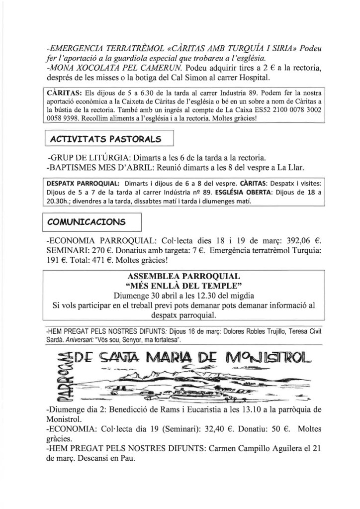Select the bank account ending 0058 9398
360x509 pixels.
[65, 119]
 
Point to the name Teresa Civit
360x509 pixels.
[304, 330]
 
